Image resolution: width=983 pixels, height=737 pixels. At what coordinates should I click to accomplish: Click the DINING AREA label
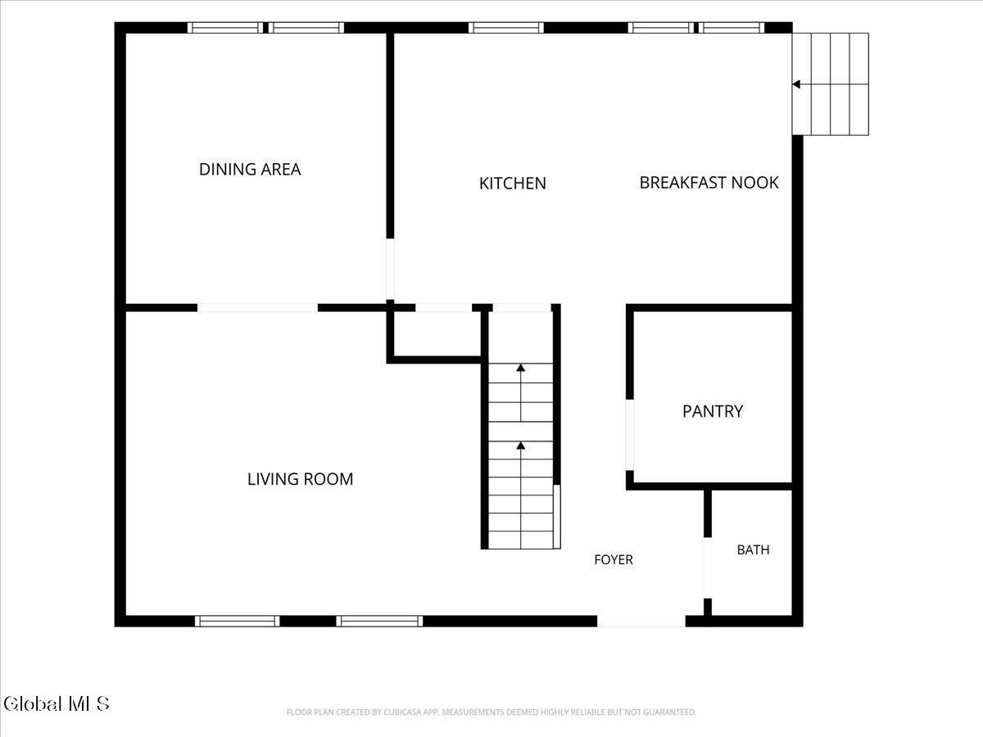point(250,170)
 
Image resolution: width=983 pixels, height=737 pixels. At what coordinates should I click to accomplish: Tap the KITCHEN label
point(512,183)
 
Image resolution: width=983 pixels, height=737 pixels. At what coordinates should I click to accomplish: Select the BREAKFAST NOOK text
point(709,183)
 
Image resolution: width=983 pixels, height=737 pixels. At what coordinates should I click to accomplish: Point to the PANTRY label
point(713,411)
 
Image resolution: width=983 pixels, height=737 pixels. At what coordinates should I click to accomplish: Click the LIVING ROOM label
point(300,479)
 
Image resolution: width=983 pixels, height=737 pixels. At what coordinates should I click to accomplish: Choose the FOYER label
point(614,559)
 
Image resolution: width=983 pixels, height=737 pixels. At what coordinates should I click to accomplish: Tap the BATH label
point(754,549)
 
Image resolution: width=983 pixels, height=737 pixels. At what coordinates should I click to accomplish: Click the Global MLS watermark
point(57,704)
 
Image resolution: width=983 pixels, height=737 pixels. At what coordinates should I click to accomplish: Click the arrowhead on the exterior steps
point(795,84)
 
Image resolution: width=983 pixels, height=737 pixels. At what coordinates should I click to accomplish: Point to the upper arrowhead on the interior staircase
point(520,368)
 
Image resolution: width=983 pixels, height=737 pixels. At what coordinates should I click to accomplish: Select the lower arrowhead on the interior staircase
point(520,445)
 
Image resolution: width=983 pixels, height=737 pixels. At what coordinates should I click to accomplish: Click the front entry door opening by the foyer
point(641,621)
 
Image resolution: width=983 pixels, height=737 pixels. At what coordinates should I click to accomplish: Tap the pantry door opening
point(630,435)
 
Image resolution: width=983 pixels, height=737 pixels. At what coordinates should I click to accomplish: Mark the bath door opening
point(708,567)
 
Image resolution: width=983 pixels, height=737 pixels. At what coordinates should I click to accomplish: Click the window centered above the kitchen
point(506,28)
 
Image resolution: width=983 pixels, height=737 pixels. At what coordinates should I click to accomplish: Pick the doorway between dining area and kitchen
point(390,269)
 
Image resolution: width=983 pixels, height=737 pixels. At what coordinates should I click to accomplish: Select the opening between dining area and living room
point(257,308)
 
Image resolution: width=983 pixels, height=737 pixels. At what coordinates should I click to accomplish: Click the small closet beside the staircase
point(437,333)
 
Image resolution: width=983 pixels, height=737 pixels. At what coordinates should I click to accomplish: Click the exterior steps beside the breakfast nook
point(831,84)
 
